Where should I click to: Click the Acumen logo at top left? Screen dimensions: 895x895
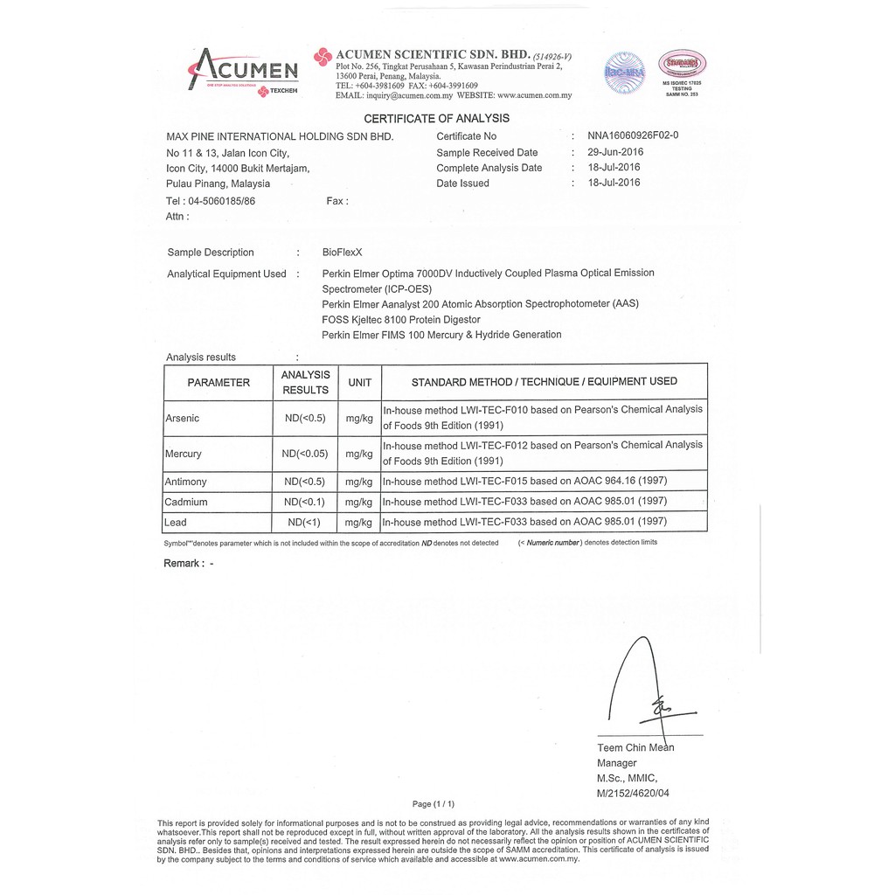point(244,71)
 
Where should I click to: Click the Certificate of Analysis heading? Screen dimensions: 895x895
point(436,119)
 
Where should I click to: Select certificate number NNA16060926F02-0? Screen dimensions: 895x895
point(633,135)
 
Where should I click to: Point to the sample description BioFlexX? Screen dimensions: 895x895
point(342,253)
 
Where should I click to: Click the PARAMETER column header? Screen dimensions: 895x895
point(219,383)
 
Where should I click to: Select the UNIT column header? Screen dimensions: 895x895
point(359,383)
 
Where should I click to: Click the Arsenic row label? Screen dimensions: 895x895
point(183,419)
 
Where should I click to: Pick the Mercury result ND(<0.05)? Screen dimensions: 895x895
point(305,454)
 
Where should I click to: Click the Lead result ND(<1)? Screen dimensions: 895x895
point(305,523)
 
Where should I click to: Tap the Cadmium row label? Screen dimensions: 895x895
point(186,502)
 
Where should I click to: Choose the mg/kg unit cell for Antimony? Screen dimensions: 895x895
point(359,482)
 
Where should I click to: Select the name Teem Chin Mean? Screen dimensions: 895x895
point(635,747)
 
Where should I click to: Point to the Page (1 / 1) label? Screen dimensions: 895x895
point(433,804)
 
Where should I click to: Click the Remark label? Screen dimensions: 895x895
point(184,564)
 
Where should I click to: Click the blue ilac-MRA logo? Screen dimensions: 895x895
point(624,73)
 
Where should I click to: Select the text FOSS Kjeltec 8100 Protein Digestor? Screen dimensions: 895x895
point(400,320)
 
